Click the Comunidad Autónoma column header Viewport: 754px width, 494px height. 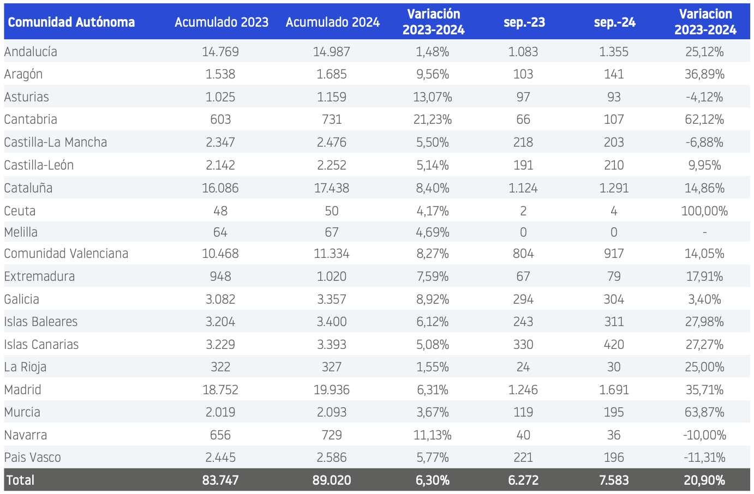point(71,22)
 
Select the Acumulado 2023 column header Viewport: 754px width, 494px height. point(222,22)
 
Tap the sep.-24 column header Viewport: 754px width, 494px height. point(615,22)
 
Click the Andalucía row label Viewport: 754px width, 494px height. point(31,51)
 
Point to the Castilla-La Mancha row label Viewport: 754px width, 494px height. point(56,142)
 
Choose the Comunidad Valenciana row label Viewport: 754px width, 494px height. point(66,254)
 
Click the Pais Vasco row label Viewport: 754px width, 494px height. point(32,457)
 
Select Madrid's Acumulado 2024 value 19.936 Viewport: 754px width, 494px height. point(332,390)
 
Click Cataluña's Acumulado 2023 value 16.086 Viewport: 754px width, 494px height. point(220,188)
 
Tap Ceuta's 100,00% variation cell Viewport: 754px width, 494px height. point(704,211)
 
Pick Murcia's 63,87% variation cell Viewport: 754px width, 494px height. point(704,412)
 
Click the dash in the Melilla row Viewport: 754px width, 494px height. point(704,232)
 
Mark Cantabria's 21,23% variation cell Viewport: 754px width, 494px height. point(433,119)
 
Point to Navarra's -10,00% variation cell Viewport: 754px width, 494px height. point(704,435)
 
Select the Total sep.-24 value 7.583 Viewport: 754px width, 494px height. point(614,480)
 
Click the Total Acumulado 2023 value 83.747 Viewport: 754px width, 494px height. point(220,480)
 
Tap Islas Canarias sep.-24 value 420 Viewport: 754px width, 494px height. point(614,345)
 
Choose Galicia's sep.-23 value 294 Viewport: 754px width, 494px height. point(523,299)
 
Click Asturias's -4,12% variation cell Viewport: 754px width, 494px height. point(704,97)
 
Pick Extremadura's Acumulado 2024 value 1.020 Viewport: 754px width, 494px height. point(332,276)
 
